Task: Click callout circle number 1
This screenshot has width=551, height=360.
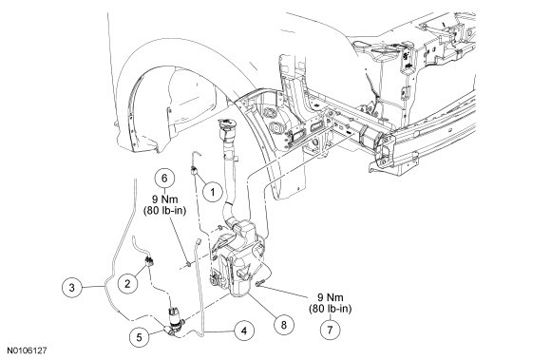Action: (x=212, y=192)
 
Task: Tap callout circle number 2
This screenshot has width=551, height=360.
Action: (x=127, y=283)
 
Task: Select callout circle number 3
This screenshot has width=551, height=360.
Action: (x=71, y=288)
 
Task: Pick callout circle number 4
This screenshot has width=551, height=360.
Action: (x=243, y=331)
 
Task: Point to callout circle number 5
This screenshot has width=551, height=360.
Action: (x=139, y=337)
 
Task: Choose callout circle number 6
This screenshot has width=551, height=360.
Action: (x=164, y=178)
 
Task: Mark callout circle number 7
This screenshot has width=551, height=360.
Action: (x=330, y=330)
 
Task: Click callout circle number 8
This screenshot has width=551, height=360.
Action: (x=283, y=325)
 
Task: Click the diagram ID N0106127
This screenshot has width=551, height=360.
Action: (x=27, y=351)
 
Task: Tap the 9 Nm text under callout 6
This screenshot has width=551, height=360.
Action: (x=164, y=199)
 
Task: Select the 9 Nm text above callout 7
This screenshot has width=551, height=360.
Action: (x=331, y=297)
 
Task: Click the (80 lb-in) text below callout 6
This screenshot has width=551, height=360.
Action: (x=164, y=211)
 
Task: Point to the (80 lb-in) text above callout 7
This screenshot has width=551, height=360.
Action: (x=331, y=309)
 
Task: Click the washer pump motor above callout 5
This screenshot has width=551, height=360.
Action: (x=176, y=318)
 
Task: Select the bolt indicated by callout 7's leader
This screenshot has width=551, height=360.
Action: (x=259, y=282)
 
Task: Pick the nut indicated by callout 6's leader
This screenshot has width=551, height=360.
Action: (x=189, y=263)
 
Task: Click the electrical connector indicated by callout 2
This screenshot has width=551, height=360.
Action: (x=150, y=261)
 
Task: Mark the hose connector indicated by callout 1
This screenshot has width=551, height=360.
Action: (x=193, y=172)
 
